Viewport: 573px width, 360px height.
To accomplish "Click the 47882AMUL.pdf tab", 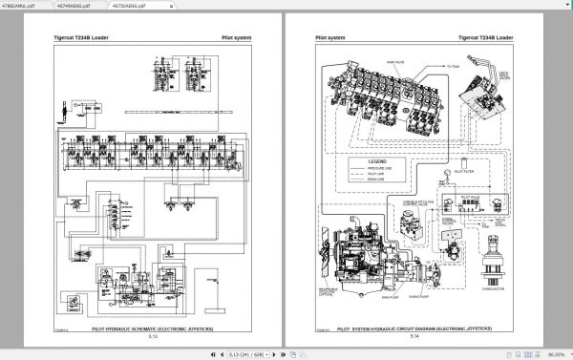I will [21, 5].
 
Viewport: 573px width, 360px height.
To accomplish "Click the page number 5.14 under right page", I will [414, 336].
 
